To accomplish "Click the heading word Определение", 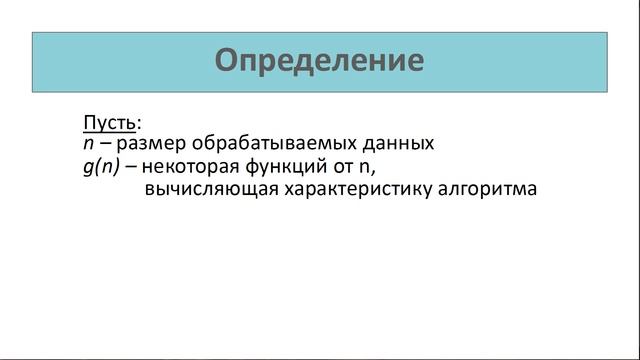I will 320,62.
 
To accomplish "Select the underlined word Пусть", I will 108,124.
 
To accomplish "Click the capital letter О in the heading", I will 229,61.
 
